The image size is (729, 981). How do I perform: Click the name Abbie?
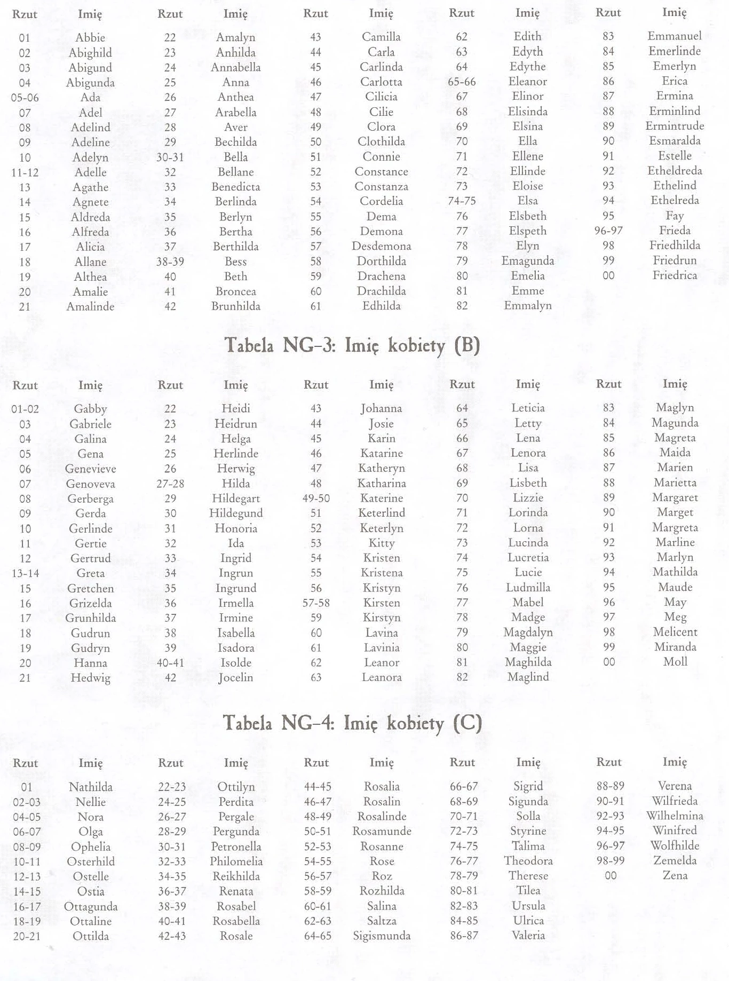click(90, 37)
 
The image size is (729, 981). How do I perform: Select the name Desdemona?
click(381, 246)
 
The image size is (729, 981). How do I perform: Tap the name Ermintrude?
click(675, 126)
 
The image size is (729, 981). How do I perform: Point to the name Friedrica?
click(675, 275)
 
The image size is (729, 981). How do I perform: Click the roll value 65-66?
click(462, 82)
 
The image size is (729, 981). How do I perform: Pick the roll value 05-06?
click(25, 98)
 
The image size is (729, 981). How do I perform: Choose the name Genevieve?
click(90, 469)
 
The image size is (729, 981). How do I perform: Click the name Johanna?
click(381, 408)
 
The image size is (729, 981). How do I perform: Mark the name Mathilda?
click(675, 572)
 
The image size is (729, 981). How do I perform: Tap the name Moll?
click(675, 662)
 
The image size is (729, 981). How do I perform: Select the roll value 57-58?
click(316, 603)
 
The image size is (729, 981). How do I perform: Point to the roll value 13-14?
click(25, 573)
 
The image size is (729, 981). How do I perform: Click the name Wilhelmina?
click(675, 816)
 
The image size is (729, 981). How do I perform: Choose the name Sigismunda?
click(382, 936)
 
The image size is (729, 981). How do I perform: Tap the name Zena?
click(675, 875)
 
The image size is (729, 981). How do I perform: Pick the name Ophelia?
click(91, 846)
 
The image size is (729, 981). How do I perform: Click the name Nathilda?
click(91, 787)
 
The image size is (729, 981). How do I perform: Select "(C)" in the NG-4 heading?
click(467, 723)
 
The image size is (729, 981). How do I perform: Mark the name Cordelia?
click(381, 201)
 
